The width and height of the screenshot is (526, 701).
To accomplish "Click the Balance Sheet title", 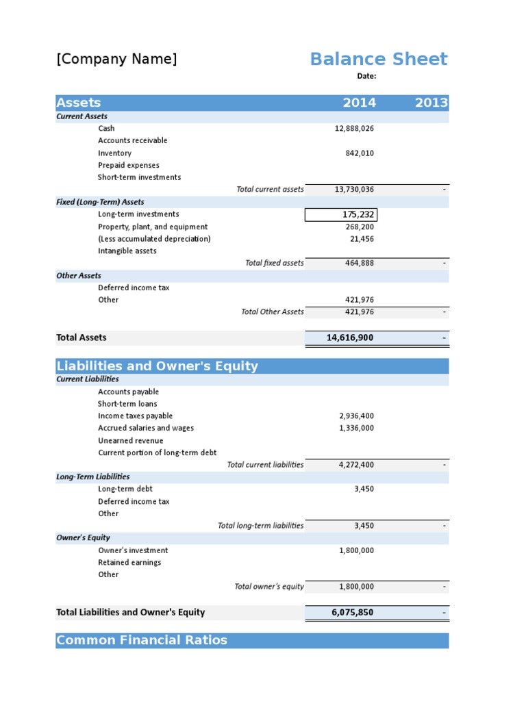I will tap(378, 59).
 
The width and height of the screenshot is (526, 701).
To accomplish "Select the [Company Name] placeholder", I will tap(116, 59).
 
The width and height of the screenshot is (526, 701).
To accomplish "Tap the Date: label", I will tap(366, 77).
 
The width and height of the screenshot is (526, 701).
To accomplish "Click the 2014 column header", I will tap(359, 103).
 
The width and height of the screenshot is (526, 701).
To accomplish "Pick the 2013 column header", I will tap(431, 103).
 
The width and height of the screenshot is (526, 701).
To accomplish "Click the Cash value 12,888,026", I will tap(354, 129).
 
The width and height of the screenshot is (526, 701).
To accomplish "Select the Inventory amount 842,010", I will tap(360, 153).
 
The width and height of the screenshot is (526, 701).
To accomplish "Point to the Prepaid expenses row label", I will tap(129, 166).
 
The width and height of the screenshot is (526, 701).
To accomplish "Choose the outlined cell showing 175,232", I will tap(340, 215).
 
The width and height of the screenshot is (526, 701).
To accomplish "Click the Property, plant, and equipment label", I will tap(153, 227).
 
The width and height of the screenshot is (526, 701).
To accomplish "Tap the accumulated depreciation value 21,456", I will tap(362, 239).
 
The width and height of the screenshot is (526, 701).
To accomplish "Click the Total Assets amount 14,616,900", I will tap(349, 337).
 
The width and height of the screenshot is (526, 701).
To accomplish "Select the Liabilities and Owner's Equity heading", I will tap(158, 366).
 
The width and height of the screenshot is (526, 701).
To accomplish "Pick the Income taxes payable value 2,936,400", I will tap(356, 416).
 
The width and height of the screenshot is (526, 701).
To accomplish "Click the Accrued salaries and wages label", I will tap(146, 429).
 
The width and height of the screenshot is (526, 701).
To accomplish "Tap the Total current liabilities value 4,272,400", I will tap(356, 465).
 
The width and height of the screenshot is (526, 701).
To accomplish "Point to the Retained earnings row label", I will tap(129, 563).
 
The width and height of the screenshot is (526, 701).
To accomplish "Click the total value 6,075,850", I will tap(352, 613).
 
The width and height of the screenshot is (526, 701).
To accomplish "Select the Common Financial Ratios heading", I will tap(142, 641).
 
